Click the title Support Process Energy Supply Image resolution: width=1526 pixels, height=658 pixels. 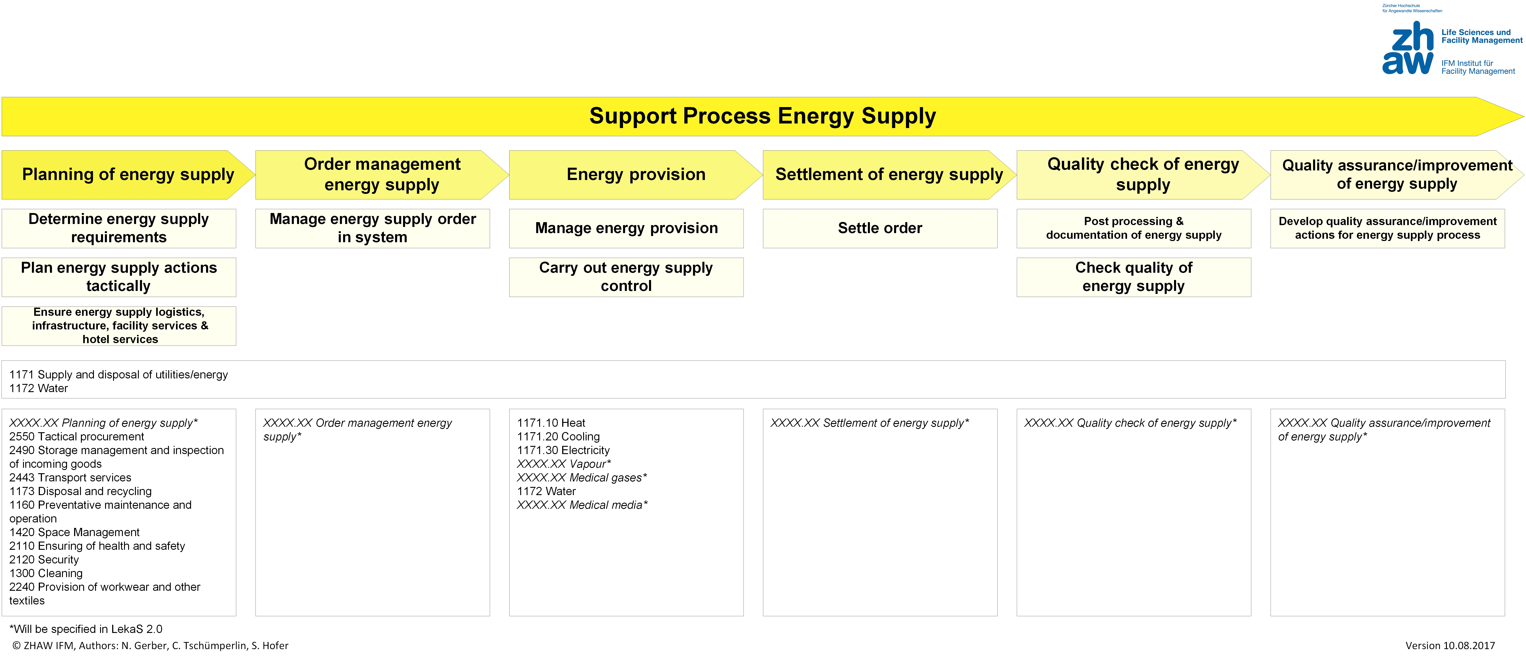(762, 116)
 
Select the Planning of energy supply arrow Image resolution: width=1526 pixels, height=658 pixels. (128, 175)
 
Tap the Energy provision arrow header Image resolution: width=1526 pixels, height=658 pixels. (636, 175)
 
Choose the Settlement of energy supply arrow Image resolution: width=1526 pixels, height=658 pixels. (889, 175)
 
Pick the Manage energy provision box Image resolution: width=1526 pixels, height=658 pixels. (626, 228)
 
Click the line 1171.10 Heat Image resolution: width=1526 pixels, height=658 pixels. (551, 423)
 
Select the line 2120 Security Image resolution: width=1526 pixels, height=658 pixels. (44, 560)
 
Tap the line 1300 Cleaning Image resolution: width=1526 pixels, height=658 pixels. (46, 573)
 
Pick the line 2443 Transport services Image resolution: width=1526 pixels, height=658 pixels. (70, 477)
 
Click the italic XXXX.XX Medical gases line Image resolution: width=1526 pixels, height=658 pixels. (582, 477)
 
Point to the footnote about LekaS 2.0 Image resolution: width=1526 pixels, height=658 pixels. (86, 629)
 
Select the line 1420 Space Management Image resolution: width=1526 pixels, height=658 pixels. (74, 532)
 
